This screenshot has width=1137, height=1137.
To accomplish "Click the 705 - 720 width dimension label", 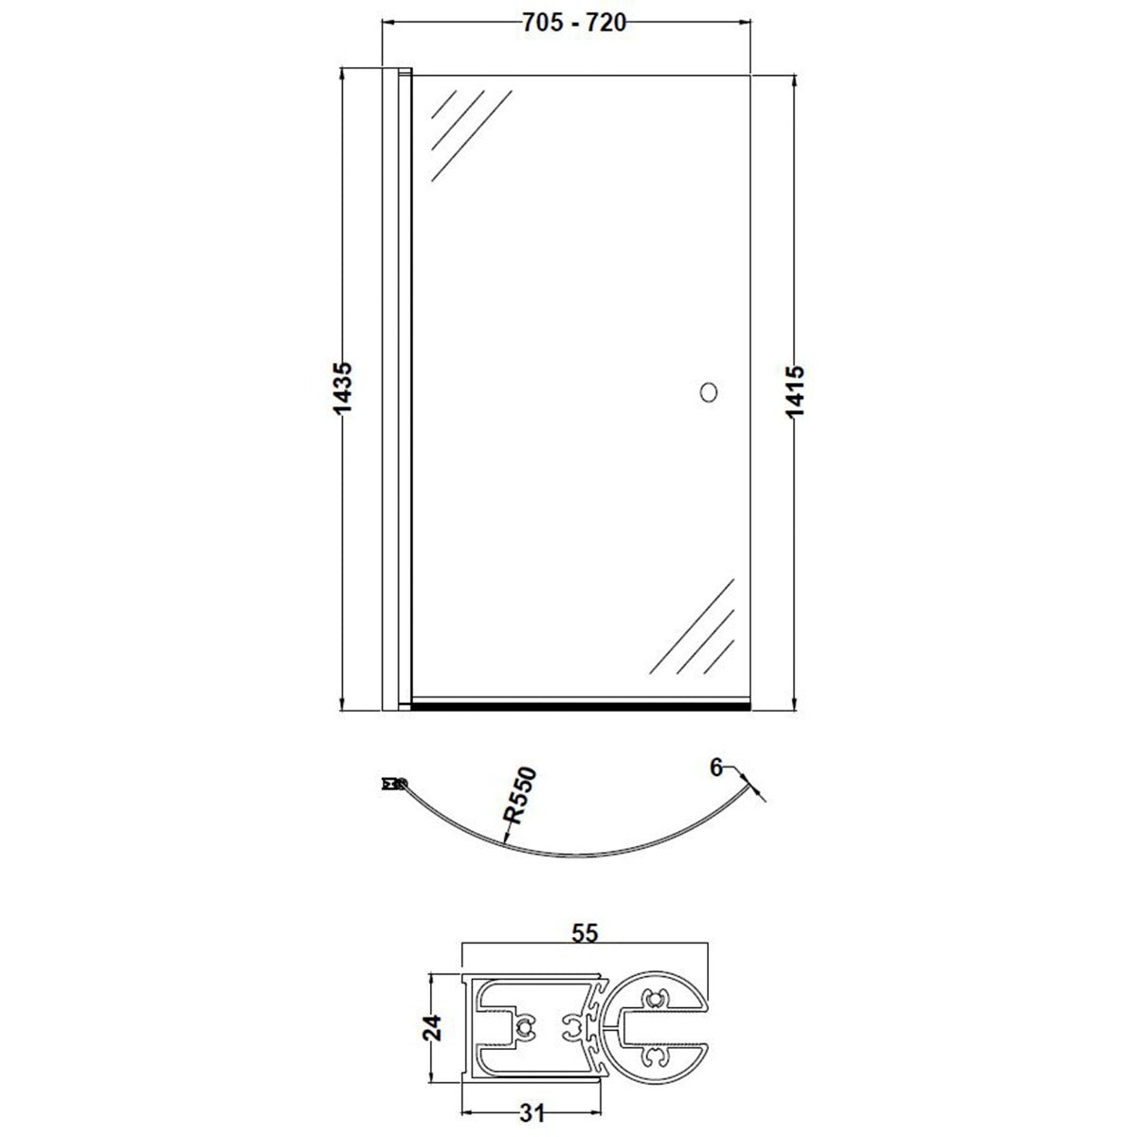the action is (573, 23).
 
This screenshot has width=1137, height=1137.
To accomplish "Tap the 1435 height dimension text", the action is (342, 388).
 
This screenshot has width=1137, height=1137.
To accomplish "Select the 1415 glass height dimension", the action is (795, 391).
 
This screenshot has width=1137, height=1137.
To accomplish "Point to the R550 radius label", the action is (520, 795).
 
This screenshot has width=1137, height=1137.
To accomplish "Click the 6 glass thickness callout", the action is (716, 767).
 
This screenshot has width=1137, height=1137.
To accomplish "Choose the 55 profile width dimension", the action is (585, 933).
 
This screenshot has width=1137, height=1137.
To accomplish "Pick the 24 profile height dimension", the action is (431, 1027).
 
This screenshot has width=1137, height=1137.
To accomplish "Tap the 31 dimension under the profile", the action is (532, 1113).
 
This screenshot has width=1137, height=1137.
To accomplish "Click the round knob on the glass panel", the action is (708, 392).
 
